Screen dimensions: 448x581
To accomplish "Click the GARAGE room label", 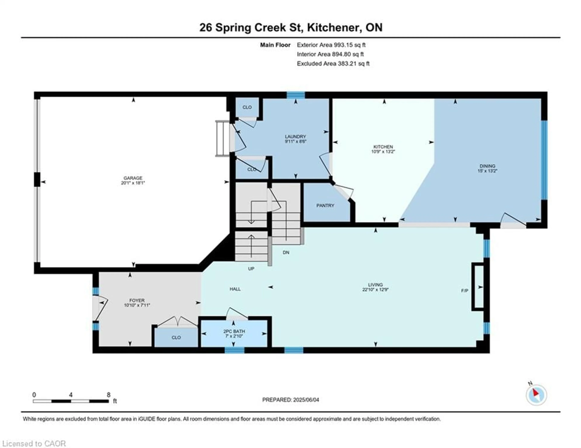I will pos(133,178).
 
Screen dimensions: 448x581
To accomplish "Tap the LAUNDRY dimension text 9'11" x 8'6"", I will pos(295,141).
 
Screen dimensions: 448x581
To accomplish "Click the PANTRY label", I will pos(325,205).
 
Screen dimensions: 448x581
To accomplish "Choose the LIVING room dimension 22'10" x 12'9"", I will pos(375,290).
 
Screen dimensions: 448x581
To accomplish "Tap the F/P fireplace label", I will pos(464,291).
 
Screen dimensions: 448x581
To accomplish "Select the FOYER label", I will pos(137,300).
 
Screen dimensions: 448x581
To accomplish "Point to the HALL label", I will pos(235,289).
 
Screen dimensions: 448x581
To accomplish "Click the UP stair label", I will pos(251,269).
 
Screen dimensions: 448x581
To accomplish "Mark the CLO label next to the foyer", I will pos(176,338).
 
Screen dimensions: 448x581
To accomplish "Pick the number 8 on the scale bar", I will pos(108,395).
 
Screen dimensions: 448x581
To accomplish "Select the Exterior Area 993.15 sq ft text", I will pos(331,45).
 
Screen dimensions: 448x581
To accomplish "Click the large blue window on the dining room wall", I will pos(544,160).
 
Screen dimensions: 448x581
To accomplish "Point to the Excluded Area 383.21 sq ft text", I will pos(333,63).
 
